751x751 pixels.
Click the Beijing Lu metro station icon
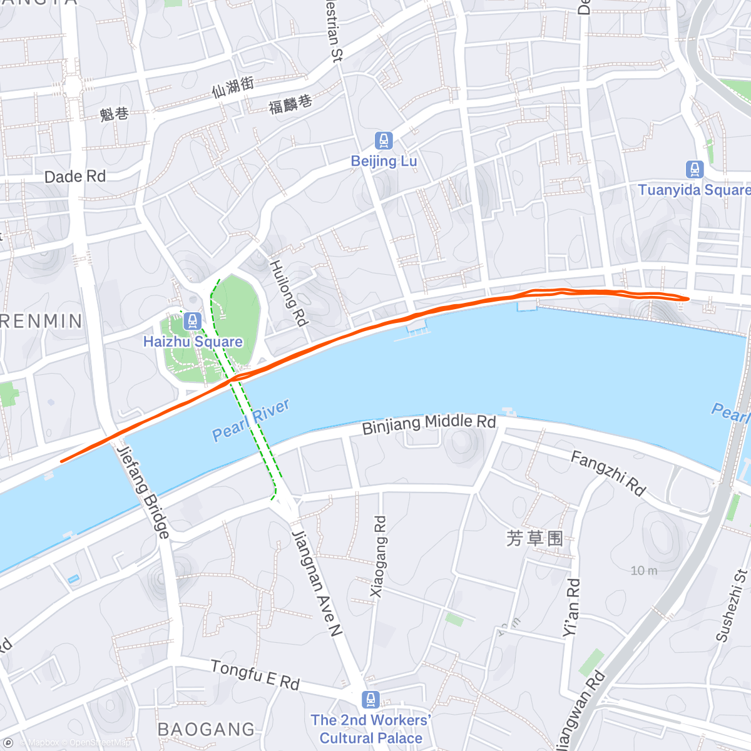coord(384,141)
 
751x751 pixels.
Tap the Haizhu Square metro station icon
coord(193,322)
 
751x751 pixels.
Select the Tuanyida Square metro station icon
coord(694,170)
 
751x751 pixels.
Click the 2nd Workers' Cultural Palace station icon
coord(370,699)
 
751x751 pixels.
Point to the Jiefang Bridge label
coord(143,491)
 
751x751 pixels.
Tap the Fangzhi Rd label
coord(608,474)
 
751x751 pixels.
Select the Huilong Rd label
coord(289,294)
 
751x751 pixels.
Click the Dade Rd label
coord(75,177)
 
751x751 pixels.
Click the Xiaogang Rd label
coord(378,556)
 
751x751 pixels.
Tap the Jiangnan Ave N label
coord(317,582)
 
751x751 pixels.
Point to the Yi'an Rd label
coord(571,608)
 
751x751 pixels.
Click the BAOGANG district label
coord(207,730)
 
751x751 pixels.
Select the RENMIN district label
coord(41,322)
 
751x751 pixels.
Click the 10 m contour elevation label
coord(644,571)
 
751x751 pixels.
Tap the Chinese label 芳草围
coord(534,538)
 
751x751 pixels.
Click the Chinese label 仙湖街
coord(233,87)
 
